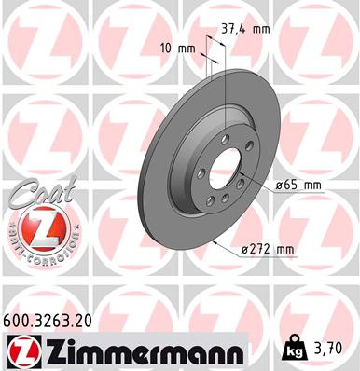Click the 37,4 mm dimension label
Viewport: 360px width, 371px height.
tap(245, 29)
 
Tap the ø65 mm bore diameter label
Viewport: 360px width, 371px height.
tap(298, 185)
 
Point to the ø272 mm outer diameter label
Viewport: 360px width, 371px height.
tap(269, 249)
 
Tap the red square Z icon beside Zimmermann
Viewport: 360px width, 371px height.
tap(20, 350)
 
